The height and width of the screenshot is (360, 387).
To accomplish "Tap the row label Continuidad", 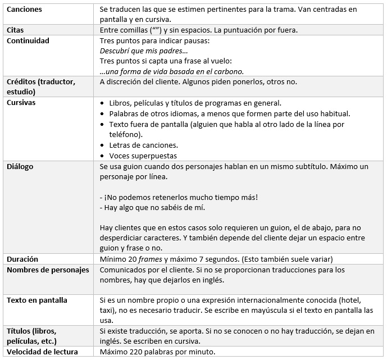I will pyautogui.click(x=28, y=40).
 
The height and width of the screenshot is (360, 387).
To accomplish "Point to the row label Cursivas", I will pyautogui.click(x=21, y=103).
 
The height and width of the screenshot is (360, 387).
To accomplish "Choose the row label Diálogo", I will pyautogui.click(x=20, y=166).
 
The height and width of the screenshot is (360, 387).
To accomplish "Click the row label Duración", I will pyautogui.click(x=22, y=259).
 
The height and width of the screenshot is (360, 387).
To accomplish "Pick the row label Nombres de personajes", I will pyautogui.click(x=48, y=270).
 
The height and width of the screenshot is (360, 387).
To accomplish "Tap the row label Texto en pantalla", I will pyautogui.click(x=37, y=300).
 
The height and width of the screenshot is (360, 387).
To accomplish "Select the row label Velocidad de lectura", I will pyautogui.click(x=42, y=352).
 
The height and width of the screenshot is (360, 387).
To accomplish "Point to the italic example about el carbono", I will pyautogui.click(x=172, y=71).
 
